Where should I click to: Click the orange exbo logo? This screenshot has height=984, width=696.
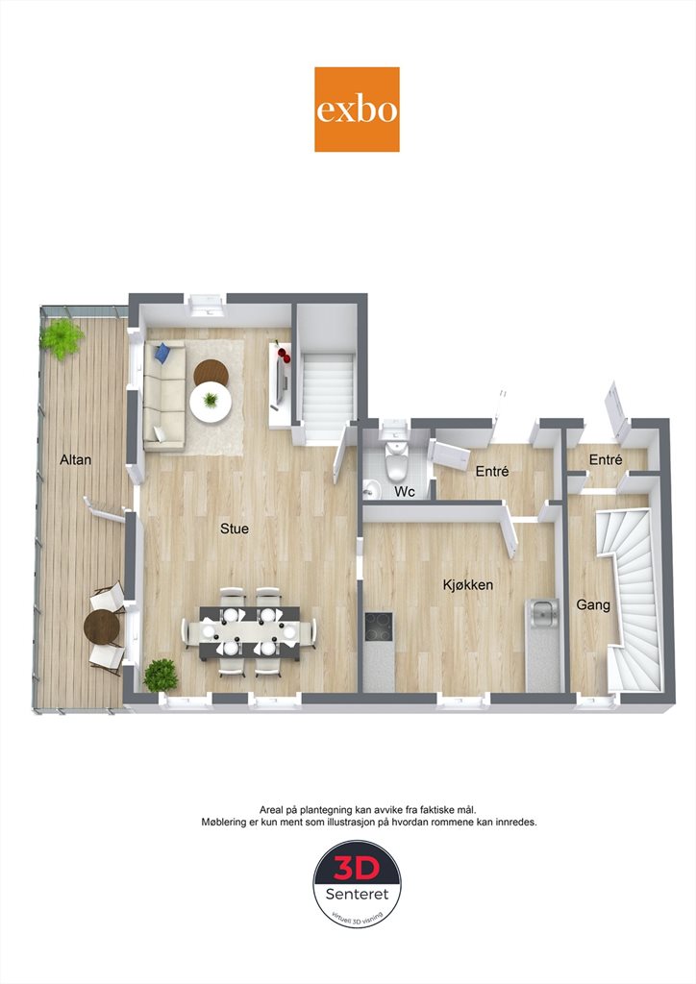tap(357, 110)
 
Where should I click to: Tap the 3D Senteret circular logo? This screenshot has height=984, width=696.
tap(357, 884)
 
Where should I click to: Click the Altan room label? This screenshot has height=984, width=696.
tap(75, 459)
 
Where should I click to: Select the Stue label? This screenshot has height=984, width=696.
tap(235, 529)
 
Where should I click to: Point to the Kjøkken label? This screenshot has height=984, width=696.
tap(467, 585)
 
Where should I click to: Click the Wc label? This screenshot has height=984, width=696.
tap(405, 492)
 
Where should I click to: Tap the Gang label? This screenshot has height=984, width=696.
tap(593, 605)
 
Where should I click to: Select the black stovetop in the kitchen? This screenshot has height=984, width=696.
tap(379, 627)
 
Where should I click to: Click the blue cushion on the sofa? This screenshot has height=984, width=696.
tap(163, 352)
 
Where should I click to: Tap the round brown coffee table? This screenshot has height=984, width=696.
tap(211, 374)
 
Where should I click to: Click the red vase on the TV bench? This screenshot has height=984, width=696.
tap(283, 356)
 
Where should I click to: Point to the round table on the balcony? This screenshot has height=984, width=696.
tap(102, 628)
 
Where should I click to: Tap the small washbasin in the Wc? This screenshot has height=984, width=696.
tap(371, 487)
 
